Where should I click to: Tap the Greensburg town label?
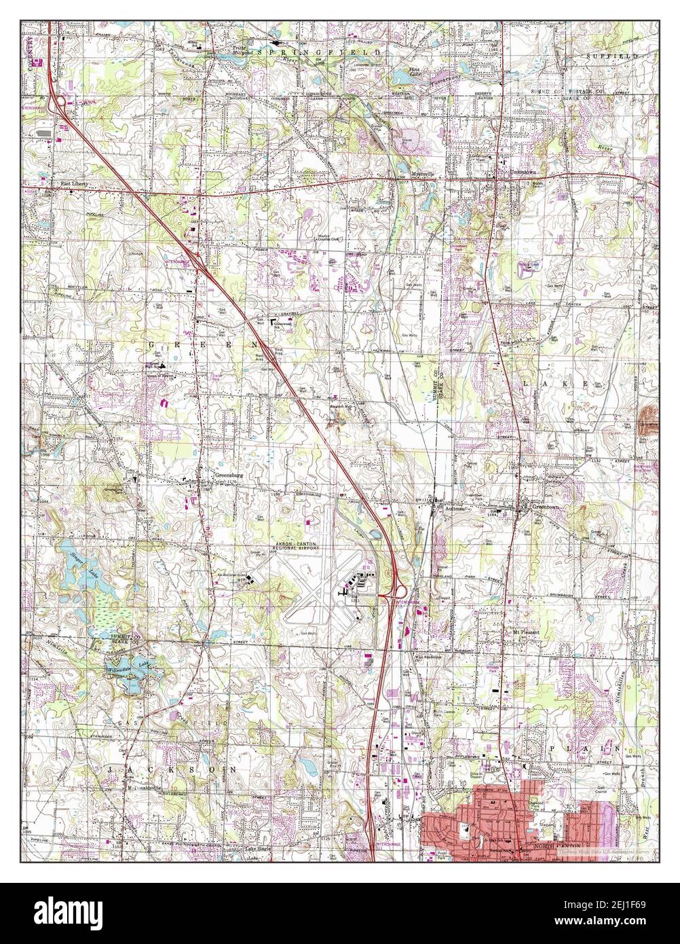(227, 475)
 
